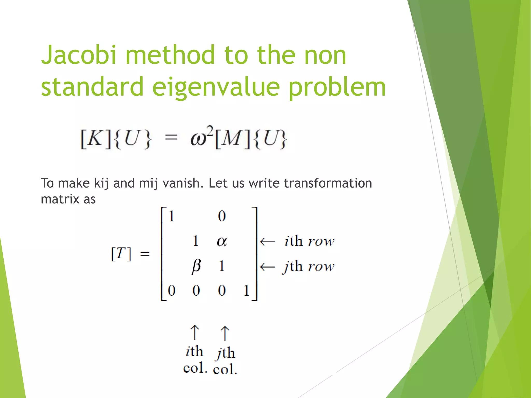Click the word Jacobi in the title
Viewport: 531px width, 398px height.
[78, 55]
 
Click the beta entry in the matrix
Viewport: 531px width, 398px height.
[196, 266]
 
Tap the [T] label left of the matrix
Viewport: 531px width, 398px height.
[121, 254]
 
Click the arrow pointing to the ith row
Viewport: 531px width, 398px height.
[267, 242]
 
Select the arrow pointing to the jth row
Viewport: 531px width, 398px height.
[267, 267]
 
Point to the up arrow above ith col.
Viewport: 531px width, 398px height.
[195, 332]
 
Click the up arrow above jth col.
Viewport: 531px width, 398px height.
[225, 333]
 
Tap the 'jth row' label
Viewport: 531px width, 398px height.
[309, 267]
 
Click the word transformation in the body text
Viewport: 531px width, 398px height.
[328, 183]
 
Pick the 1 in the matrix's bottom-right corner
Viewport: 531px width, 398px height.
[246, 290]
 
